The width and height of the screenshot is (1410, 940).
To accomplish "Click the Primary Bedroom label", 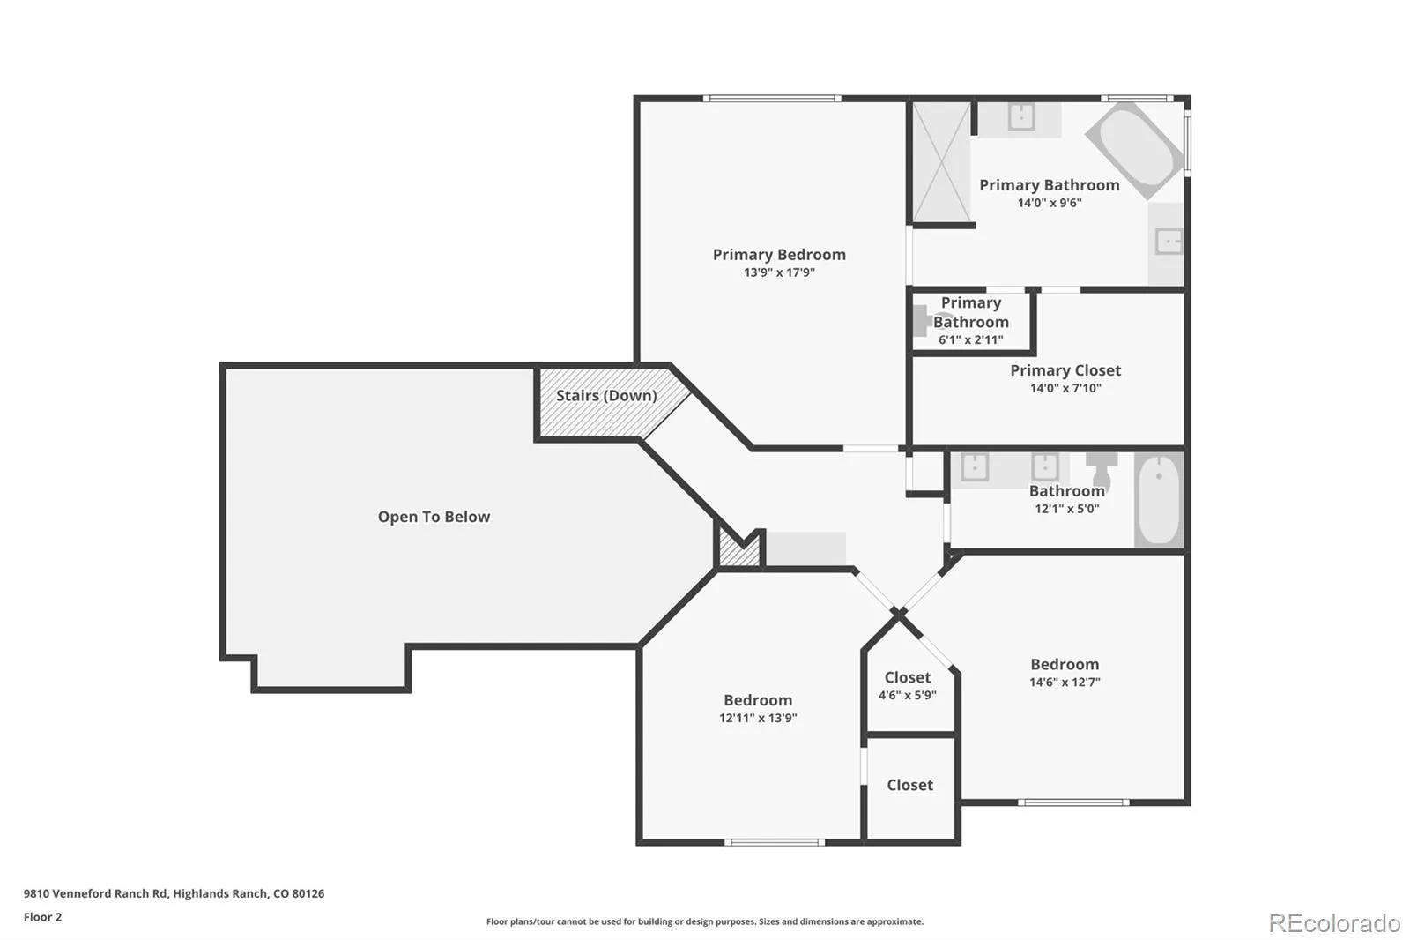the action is point(779,255).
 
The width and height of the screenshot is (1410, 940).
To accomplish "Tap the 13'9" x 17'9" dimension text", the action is point(779,272).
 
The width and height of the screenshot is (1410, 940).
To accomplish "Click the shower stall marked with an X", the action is point(941,162).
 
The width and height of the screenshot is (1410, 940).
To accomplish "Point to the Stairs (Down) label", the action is point(606,396).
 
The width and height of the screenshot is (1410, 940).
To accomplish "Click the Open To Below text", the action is point(434,517).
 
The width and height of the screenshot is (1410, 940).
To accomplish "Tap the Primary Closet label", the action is point(1065,370).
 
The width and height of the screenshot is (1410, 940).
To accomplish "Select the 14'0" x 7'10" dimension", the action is point(1065,388).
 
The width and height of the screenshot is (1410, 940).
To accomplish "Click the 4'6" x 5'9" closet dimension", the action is point(907,695).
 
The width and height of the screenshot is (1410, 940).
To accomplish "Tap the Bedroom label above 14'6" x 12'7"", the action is point(1065,664).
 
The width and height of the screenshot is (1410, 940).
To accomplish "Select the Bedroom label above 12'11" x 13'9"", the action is point(758,700).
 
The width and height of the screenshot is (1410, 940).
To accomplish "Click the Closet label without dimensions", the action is point(909,785).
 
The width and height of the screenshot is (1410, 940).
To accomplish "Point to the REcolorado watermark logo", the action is point(1334,923).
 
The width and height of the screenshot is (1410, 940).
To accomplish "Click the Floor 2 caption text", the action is point(43,917).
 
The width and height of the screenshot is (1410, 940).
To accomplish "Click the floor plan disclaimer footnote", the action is point(704,921).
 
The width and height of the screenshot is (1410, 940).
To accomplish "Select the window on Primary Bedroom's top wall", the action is point(772,98).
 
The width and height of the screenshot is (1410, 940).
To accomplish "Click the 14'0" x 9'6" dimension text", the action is point(1050,203).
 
